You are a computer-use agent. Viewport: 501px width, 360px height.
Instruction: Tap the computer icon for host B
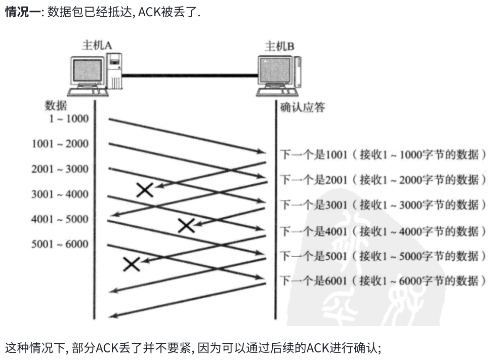[279, 75]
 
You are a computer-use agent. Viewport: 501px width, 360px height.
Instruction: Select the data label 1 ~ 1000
[68, 119]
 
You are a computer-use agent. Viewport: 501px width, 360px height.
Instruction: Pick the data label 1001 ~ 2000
[60, 144]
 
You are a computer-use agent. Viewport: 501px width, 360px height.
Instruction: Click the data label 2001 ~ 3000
[60, 169]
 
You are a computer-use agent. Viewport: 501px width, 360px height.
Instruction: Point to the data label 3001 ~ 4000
[60, 194]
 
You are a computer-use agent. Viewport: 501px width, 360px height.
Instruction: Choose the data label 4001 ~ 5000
[60, 219]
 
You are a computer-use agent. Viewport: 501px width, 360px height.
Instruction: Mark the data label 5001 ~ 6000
[60, 245]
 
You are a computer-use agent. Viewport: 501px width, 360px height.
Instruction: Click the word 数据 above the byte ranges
[56, 105]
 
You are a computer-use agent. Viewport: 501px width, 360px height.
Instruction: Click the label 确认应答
[303, 107]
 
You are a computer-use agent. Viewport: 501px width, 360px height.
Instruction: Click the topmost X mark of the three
[145, 190]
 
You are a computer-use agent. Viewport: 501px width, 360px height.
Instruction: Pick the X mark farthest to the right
[187, 225]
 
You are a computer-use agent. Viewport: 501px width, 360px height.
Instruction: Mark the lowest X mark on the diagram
[132, 264]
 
